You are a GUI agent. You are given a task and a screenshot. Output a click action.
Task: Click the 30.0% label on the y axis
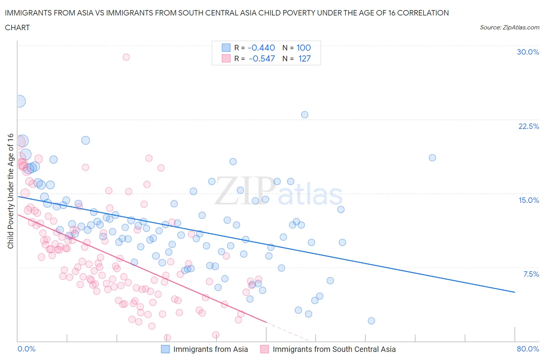(528, 52)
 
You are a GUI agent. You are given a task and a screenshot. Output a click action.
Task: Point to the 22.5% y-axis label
(529, 126)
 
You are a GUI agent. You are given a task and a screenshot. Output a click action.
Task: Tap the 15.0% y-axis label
(529, 200)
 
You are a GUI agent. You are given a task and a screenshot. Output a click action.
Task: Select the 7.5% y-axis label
(531, 274)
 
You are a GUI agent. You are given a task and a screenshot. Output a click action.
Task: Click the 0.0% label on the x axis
(27, 349)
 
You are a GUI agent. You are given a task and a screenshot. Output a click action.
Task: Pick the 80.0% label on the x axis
(528, 349)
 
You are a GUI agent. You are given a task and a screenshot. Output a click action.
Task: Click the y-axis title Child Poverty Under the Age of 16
(10, 191)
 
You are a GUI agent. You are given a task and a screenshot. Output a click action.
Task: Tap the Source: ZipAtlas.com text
(509, 27)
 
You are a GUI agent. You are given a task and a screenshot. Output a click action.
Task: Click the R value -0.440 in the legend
(261, 48)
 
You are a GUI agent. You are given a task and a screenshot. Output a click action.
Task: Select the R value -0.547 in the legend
(262, 58)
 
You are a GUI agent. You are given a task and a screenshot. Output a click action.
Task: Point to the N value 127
(305, 58)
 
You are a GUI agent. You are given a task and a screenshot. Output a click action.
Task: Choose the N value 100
(304, 48)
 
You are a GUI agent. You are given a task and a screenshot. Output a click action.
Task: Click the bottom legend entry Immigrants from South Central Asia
(334, 349)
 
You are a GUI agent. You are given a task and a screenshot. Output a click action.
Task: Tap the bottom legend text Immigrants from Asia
(210, 349)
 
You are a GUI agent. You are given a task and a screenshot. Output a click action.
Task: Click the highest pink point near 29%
(126, 57)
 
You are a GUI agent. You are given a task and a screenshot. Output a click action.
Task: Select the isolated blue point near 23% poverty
(305, 115)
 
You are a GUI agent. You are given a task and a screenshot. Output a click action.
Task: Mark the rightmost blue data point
(432, 158)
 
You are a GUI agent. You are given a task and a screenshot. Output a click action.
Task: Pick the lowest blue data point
(371, 321)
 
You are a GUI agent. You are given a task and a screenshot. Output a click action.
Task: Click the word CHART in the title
(17, 27)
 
